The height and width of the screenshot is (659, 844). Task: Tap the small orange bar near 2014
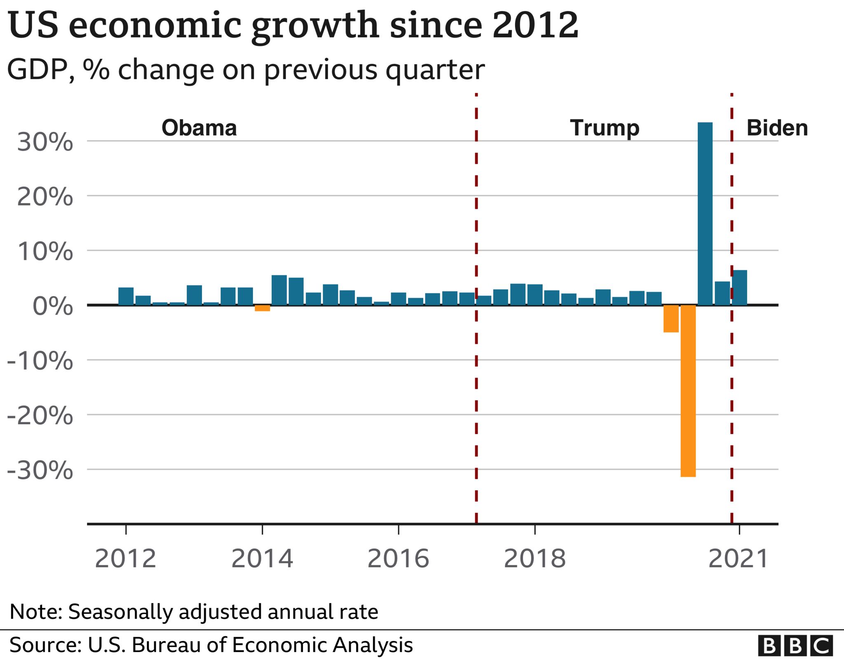262,308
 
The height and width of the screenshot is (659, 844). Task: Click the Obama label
199,128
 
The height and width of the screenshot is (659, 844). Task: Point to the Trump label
605,128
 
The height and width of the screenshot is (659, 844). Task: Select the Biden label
777,128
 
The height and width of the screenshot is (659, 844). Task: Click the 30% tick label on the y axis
45,143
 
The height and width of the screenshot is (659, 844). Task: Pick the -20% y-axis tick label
40,416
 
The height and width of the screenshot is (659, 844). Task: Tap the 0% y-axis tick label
53,306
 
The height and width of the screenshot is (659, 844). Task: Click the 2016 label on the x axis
398,559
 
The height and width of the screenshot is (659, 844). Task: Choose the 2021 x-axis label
738,559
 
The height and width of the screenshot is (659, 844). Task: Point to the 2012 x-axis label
126,559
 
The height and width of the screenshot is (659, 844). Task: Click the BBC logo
795,645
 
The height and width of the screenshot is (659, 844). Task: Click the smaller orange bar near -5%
671,318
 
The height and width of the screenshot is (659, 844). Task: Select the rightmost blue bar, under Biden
739,287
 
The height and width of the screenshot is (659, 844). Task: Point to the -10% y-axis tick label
40,361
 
